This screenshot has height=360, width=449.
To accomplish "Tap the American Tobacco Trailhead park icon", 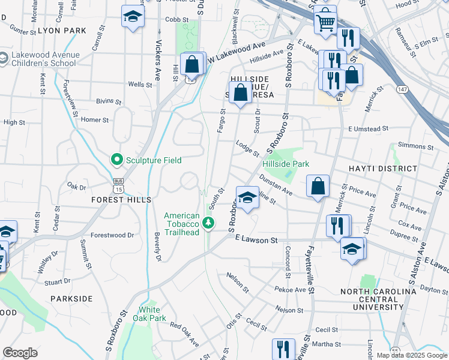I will (x=208, y=223).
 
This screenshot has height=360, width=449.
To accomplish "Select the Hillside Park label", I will (x=285, y=163).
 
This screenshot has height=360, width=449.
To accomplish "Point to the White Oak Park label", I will (x=149, y=314).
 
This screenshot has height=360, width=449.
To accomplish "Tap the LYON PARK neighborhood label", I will (x=62, y=29).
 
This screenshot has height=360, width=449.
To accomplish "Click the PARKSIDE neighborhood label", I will (x=71, y=298).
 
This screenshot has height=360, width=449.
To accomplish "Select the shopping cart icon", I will (x=325, y=22).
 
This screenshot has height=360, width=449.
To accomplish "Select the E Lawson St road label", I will (x=256, y=240).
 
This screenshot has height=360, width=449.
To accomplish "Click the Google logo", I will (x=20, y=353).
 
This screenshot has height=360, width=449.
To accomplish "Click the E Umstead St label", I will (x=369, y=128).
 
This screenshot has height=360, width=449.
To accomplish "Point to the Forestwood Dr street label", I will (x=112, y=235).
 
